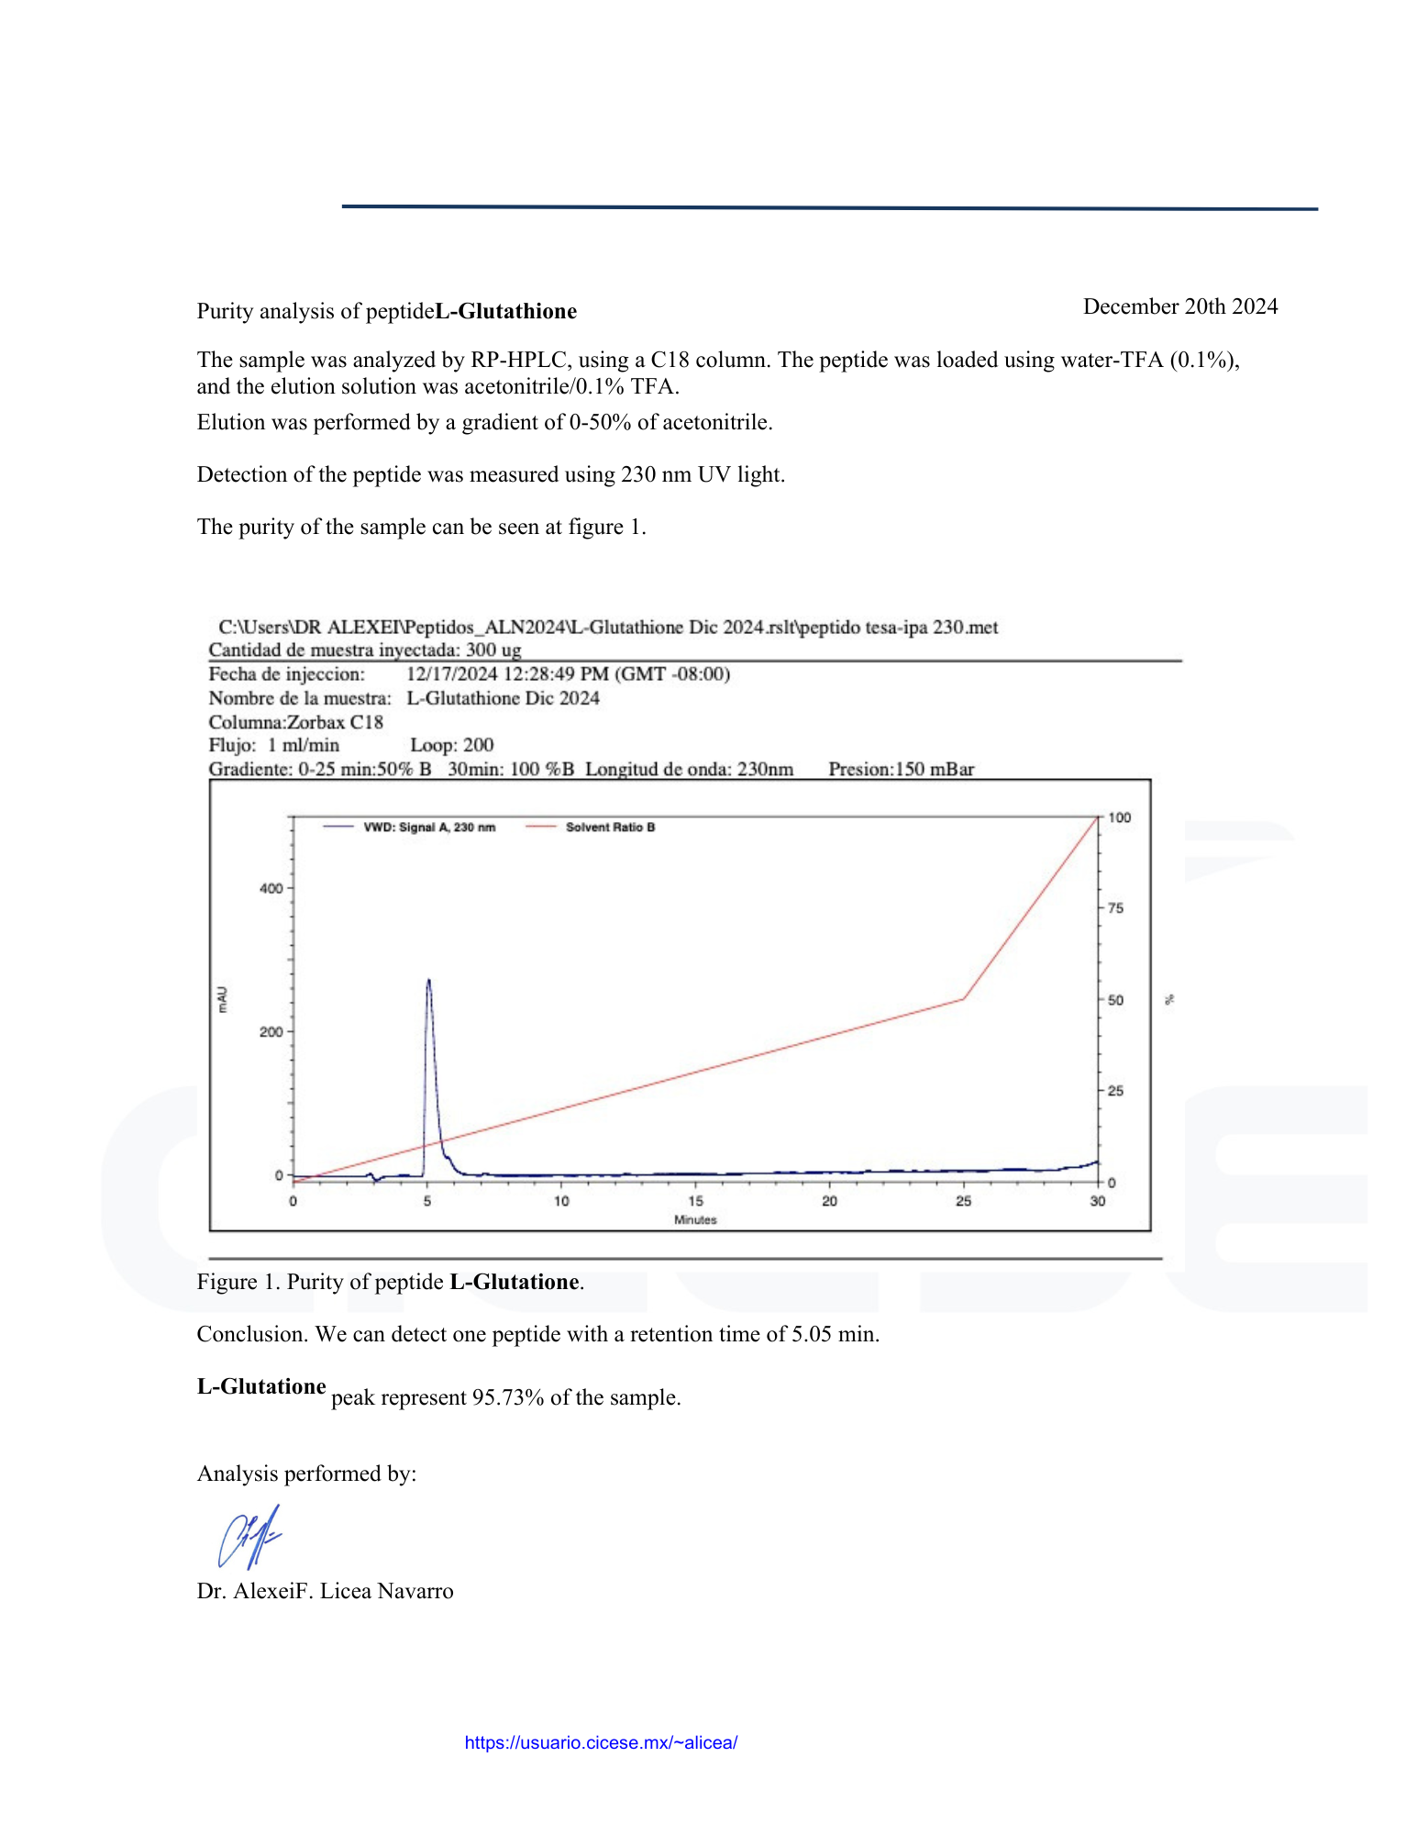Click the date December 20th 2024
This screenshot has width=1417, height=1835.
coord(1179,306)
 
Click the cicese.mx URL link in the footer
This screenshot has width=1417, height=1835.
coord(601,1742)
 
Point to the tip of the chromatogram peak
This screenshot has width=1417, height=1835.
coord(428,981)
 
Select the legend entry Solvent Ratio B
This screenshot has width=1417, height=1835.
coord(610,828)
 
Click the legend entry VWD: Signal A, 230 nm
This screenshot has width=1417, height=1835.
coord(428,828)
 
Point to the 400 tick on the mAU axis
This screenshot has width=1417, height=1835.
coord(271,888)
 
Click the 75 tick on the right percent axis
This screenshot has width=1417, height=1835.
coord(1115,908)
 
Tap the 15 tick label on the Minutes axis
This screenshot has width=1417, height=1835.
coord(695,1201)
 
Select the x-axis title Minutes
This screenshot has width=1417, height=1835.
coord(695,1220)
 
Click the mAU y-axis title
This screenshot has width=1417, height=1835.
coord(222,1000)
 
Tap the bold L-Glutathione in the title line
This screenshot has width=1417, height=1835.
coord(505,312)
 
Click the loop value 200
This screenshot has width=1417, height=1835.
coord(478,745)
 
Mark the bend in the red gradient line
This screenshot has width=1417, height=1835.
coord(963,999)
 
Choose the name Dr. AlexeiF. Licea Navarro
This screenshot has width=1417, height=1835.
coord(325,1591)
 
